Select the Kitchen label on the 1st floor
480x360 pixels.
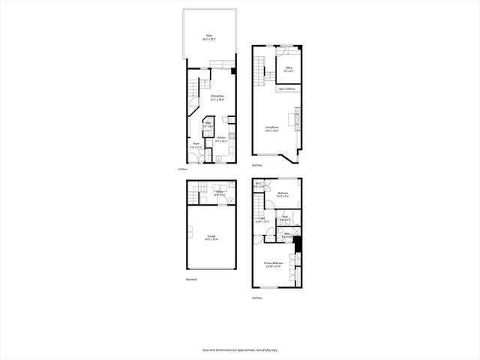pos(222,139)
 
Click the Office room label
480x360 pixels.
pos(289,70)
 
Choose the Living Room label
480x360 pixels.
pos(271,129)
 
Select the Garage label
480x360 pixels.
pos(212,238)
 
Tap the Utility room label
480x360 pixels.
pos(220,193)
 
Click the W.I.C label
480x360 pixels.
pos(258,184)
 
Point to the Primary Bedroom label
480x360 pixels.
pos(273,265)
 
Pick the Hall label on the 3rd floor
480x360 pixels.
pos(262,220)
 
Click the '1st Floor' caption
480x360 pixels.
pos(181,169)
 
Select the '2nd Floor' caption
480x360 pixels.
pos(256,165)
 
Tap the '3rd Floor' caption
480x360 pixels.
pos(257,298)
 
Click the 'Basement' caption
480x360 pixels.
pos(191,280)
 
